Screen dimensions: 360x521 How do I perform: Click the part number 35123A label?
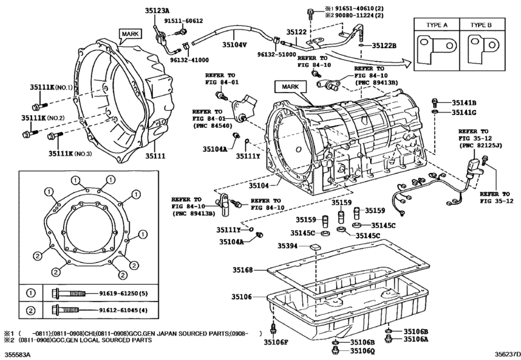point(156,11)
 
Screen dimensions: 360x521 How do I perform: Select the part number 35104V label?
point(234,45)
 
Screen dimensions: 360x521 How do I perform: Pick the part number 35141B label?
point(463,103)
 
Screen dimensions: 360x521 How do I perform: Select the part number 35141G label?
point(463,113)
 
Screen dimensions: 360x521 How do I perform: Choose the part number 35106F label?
point(276,343)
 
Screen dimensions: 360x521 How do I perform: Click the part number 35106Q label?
point(362,351)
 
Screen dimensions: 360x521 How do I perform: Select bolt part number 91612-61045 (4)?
point(127,310)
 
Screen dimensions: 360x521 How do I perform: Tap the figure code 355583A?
point(17,354)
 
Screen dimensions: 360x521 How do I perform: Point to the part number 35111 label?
point(155,156)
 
